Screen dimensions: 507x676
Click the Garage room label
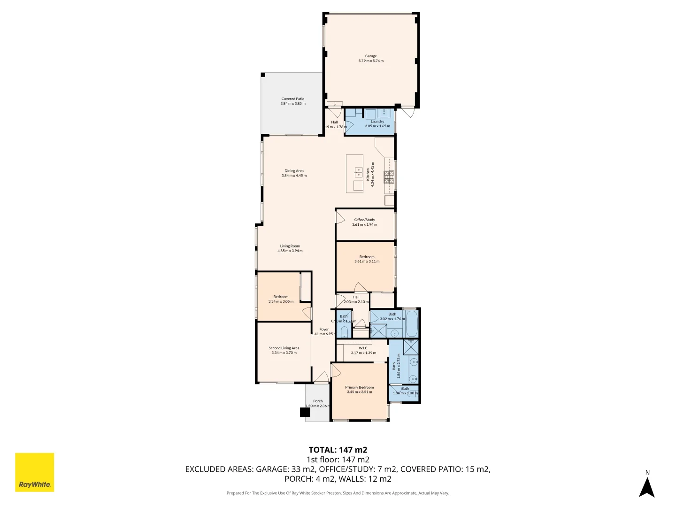pyautogui.click(x=371, y=56)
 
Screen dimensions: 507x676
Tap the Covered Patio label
pyautogui.click(x=293, y=99)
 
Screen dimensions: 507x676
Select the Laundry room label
pyautogui.click(x=377, y=122)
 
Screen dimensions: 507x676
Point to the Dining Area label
pyautogui.click(x=294, y=171)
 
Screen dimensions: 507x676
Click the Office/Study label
pyautogui.click(x=364, y=220)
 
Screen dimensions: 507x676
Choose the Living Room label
pyautogui.click(x=290, y=246)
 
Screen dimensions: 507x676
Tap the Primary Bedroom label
pyautogui.click(x=360, y=387)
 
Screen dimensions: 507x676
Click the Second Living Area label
pyautogui.click(x=284, y=348)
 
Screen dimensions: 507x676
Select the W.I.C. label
pyautogui.click(x=363, y=348)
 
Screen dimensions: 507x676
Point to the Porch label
pyautogui.click(x=318, y=401)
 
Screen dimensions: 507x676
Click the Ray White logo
pyautogui.click(x=35, y=472)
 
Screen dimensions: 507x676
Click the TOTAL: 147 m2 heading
pyautogui.click(x=338, y=450)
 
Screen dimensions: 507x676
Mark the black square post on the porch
pyautogui.click(x=305, y=412)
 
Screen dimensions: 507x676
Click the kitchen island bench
pyautogui.click(x=355, y=174)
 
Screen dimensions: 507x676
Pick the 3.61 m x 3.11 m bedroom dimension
pyautogui.click(x=367, y=261)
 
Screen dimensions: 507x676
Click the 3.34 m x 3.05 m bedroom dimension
pyautogui.click(x=281, y=301)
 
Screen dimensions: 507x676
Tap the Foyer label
pyautogui.click(x=324, y=330)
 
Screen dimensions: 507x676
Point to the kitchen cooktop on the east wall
pyautogui.click(x=389, y=177)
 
